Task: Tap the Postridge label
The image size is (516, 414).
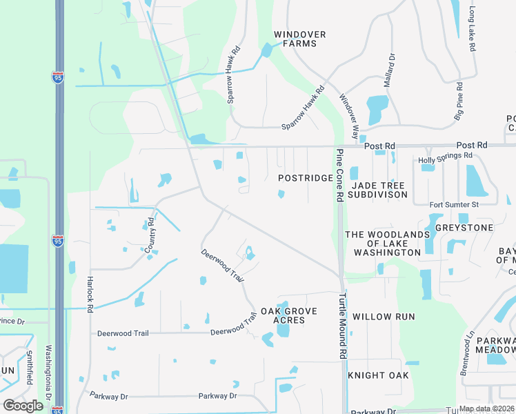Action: click(306, 178)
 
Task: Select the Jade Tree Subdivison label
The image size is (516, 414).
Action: click(379, 190)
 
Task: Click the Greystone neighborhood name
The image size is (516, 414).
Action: click(470, 228)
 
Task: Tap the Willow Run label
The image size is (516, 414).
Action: click(384, 317)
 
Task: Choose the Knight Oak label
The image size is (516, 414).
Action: click(378, 375)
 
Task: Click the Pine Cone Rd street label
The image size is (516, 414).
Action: click(340, 175)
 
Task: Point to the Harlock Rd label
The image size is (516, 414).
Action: click(90, 295)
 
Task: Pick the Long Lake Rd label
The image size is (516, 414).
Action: click(473, 30)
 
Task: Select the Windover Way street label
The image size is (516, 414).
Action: click(349, 114)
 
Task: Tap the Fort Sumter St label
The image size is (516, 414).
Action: click(453, 205)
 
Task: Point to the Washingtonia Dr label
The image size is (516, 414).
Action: click(48, 373)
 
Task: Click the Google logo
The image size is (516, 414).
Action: click(23, 405)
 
